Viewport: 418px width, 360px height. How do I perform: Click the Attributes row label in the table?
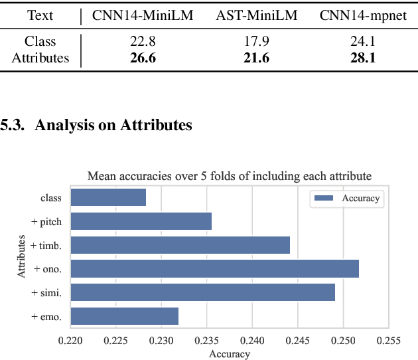[40, 58]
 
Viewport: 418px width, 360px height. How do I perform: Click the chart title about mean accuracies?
[229, 176]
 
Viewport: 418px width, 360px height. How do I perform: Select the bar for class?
[108, 197]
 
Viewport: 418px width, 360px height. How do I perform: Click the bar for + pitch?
[141, 221]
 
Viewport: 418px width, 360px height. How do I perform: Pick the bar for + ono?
[214, 269]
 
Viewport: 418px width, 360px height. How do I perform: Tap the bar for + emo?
[124, 317]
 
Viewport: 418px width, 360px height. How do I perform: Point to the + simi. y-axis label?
[46, 293]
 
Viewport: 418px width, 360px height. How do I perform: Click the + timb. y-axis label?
[46, 245]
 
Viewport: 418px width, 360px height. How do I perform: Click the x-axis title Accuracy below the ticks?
[229, 354]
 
